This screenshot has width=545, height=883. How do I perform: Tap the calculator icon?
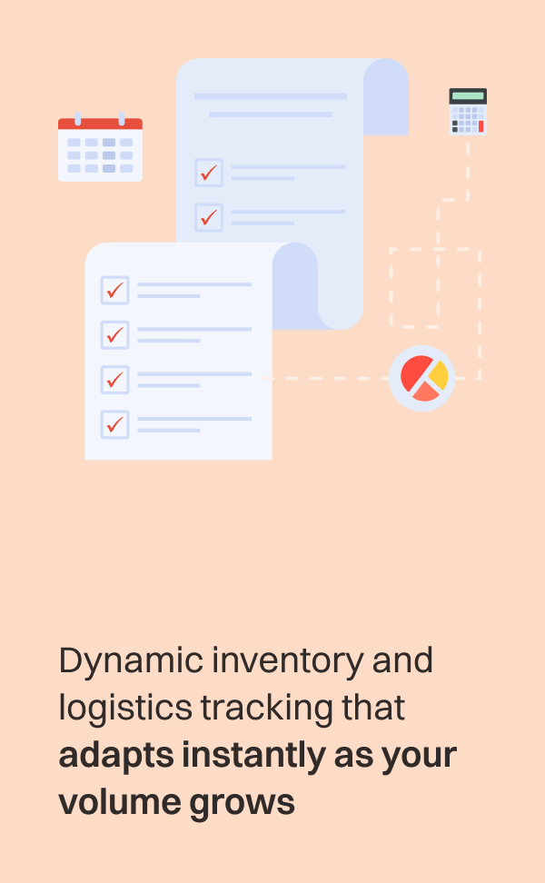coord(468,112)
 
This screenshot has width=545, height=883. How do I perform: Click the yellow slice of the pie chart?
coord(440,373)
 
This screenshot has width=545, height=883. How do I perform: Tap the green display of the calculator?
coord(468,96)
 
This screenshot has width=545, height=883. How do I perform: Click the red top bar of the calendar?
coord(100,124)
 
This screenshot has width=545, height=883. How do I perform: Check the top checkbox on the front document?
coord(114,290)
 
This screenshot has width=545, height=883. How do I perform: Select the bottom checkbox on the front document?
coord(114,424)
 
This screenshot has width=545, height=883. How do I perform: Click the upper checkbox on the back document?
coord(209,172)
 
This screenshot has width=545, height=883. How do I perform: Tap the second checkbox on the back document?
coord(209,217)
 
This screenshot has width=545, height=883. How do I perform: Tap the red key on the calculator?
coord(481,126)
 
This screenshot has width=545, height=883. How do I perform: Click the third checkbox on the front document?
coord(114,379)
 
